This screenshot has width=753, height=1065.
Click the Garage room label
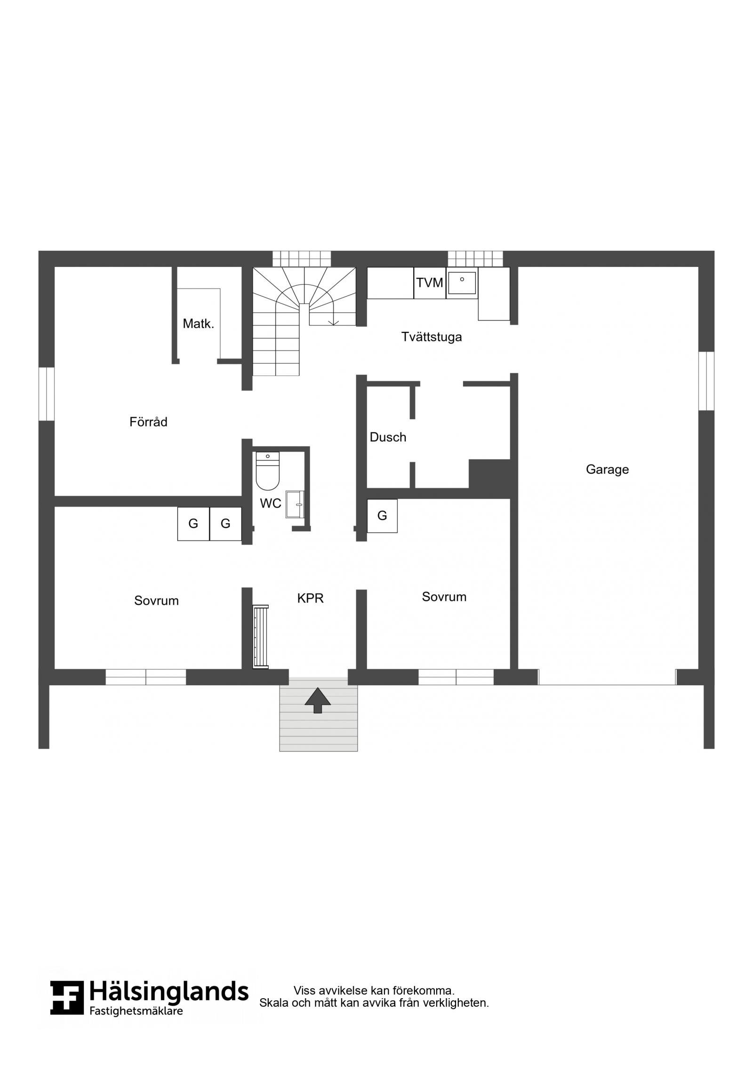(x=607, y=470)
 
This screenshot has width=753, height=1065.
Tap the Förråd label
(x=148, y=422)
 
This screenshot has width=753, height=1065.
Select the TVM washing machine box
(x=430, y=283)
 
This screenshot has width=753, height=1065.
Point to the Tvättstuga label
(x=432, y=337)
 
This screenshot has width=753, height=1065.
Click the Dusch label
(x=388, y=437)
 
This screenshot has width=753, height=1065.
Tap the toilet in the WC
(x=267, y=471)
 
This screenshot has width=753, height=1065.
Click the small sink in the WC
(x=295, y=504)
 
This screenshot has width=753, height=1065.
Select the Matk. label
(x=199, y=324)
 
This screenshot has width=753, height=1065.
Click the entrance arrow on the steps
(x=318, y=700)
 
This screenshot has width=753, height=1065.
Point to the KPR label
(x=311, y=598)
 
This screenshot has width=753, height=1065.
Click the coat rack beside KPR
(x=260, y=637)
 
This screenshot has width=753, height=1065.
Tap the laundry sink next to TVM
(x=462, y=283)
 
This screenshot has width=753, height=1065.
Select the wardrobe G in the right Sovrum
(x=382, y=516)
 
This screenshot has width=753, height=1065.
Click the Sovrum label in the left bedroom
(x=156, y=601)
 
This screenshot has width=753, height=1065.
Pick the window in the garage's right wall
(x=706, y=381)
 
